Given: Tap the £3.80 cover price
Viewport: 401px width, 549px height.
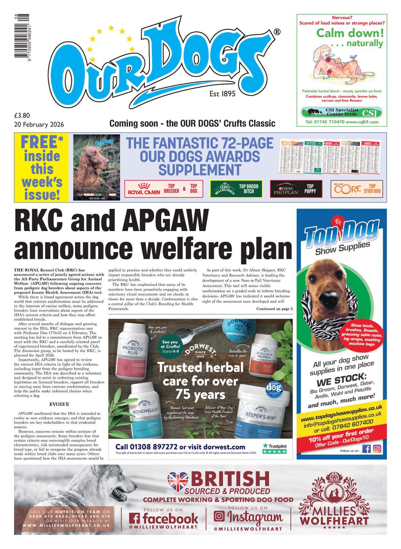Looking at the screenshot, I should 22,116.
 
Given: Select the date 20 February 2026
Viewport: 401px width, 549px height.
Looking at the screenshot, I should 39,124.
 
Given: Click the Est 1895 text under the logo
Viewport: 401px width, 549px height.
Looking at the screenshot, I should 222,94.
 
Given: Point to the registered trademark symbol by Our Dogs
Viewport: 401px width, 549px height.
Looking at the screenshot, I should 277,32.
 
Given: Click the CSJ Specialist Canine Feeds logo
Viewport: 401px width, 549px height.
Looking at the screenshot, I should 342,112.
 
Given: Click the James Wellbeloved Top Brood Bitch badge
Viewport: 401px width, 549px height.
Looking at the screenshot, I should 236,189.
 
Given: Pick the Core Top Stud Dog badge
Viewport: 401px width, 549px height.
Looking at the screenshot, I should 356,189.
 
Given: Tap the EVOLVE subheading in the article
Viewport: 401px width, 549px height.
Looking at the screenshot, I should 59,404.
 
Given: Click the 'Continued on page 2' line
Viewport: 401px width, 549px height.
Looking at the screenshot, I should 274,309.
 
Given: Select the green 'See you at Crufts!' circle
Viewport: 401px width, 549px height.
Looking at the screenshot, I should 170,346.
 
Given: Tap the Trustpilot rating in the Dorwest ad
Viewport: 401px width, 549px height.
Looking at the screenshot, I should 274,448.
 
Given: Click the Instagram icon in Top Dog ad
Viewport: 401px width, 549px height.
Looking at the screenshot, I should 377,449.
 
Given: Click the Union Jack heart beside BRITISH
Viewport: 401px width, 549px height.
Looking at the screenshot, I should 178,481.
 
